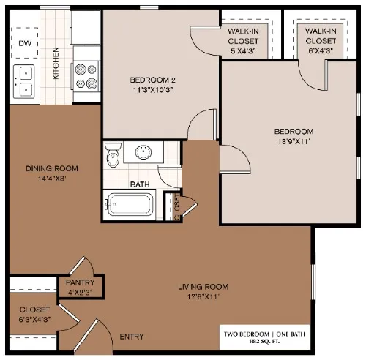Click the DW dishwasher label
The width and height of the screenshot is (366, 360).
(25, 42)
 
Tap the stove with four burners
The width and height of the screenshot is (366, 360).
(85, 72)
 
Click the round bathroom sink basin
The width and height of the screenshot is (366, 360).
(143, 153)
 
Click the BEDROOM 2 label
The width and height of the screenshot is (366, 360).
(154, 80)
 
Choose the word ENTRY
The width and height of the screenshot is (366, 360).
(131, 337)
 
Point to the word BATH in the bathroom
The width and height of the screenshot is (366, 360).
(140, 184)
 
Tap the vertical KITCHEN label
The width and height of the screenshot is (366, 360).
(56, 64)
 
